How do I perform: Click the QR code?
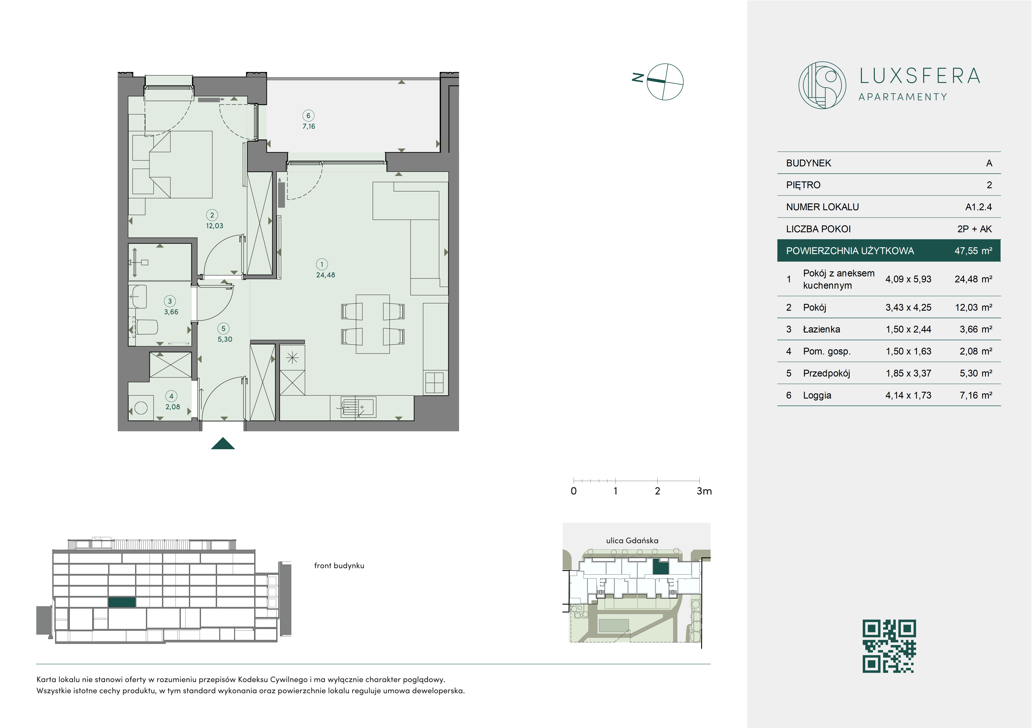(x=889, y=646)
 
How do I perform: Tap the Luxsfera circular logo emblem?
(x=822, y=85)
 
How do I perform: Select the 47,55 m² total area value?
(x=973, y=251)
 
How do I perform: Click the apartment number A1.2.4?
(x=979, y=207)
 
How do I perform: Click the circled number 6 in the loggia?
(x=308, y=115)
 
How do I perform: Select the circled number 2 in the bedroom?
(x=212, y=215)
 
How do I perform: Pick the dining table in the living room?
(x=373, y=324)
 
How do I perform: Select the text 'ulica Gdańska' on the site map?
(x=632, y=541)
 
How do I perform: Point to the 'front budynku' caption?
(x=339, y=566)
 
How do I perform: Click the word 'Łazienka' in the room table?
(x=821, y=329)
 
